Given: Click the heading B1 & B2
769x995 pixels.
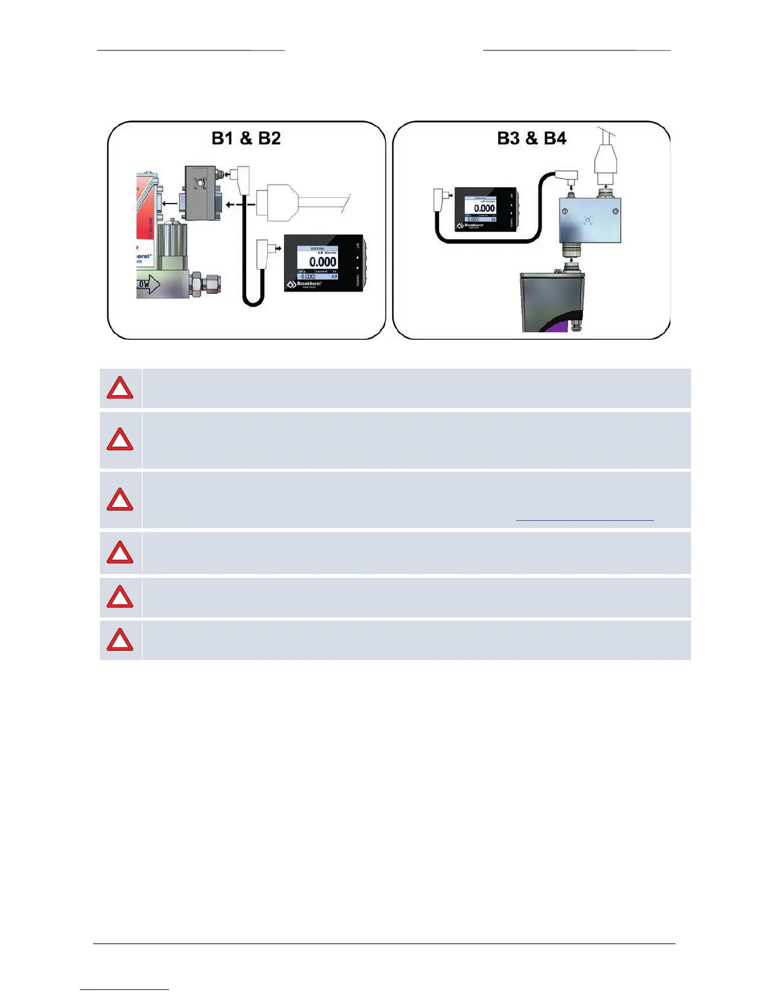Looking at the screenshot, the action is [246, 138].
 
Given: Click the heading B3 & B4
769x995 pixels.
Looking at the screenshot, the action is [532, 138].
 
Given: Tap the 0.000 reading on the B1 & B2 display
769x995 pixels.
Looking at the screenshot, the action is [322, 261].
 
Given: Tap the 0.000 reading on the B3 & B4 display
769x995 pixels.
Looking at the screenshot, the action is [484, 208].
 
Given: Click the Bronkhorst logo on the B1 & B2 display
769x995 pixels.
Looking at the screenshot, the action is [305, 285].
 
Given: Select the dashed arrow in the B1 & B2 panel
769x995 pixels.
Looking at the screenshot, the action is [241, 204].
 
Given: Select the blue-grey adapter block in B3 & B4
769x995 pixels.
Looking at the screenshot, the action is [589, 220].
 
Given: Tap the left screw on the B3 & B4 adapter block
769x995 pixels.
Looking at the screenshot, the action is [565, 210].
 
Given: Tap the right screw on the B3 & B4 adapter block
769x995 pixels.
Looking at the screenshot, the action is [615, 210].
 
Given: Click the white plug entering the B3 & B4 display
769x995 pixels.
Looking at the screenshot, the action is [439, 201].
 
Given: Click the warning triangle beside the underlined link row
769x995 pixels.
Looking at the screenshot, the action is [120, 500].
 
